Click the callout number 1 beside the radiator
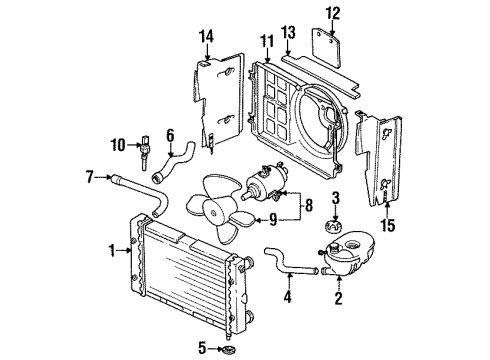pos(113,250)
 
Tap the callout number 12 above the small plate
pos(333,13)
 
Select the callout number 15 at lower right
pos(388,225)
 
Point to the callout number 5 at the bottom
pos(202,349)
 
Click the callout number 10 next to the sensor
pos(118,145)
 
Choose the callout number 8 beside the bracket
pos(309,206)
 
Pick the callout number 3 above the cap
pos(335,198)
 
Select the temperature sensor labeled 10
pos(145,152)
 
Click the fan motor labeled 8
pos(266,182)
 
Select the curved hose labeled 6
pos(173,162)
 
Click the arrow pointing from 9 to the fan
pos(261,220)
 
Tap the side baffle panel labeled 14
pos(218,100)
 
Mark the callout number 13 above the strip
pos(288,33)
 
